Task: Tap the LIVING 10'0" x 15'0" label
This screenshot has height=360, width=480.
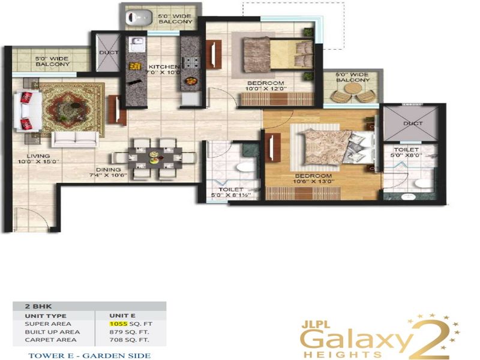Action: [x=38, y=158]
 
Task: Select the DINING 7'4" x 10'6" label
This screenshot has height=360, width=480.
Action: [x=108, y=172]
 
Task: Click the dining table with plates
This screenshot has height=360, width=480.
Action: [x=155, y=158]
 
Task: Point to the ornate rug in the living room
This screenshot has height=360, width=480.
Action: [x=72, y=110]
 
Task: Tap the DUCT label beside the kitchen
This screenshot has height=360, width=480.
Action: [x=109, y=52]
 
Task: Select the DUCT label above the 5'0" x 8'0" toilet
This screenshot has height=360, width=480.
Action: [x=413, y=124]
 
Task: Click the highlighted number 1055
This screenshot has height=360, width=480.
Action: [x=118, y=324]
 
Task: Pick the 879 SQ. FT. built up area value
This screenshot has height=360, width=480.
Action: [x=129, y=332]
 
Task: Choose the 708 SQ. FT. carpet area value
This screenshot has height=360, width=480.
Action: [x=129, y=340]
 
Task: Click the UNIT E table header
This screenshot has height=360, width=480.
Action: [x=122, y=316]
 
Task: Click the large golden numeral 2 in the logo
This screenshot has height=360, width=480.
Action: [x=431, y=339]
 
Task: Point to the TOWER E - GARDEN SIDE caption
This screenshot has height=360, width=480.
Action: [x=89, y=356]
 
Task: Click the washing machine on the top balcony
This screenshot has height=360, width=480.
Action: [x=139, y=17]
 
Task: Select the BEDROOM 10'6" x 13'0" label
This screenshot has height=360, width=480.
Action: [x=313, y=178]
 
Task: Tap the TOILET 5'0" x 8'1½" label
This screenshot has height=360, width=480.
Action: [x=231, y=192]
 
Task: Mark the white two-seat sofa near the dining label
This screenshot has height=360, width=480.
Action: [x=75, y=139]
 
